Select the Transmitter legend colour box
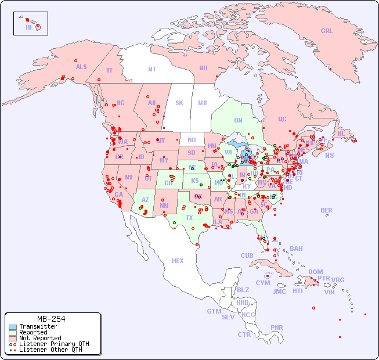click(x=13, y=327)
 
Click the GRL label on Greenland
click(x=327, y=31)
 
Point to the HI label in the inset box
click(x=28, y=27)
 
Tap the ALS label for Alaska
click(x=81, y=67)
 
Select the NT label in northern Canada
click(x=152, y=69)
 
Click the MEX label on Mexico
click(x=178, y=261)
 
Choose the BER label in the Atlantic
click(x=327, y=210)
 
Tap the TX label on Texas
click(x=189, y=218)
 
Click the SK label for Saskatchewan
click(x=179, y=103)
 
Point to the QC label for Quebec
click(x=282, y=119)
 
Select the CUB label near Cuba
click(x=247, y=255)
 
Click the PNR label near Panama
click(x=277, y=327)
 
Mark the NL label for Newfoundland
click(x=341, y=133)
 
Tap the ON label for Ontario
click(x=238, y=120)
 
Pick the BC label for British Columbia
click(x=121, y=103)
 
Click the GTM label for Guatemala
click(x=214, y=311)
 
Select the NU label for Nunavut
click(x=203, y=68)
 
